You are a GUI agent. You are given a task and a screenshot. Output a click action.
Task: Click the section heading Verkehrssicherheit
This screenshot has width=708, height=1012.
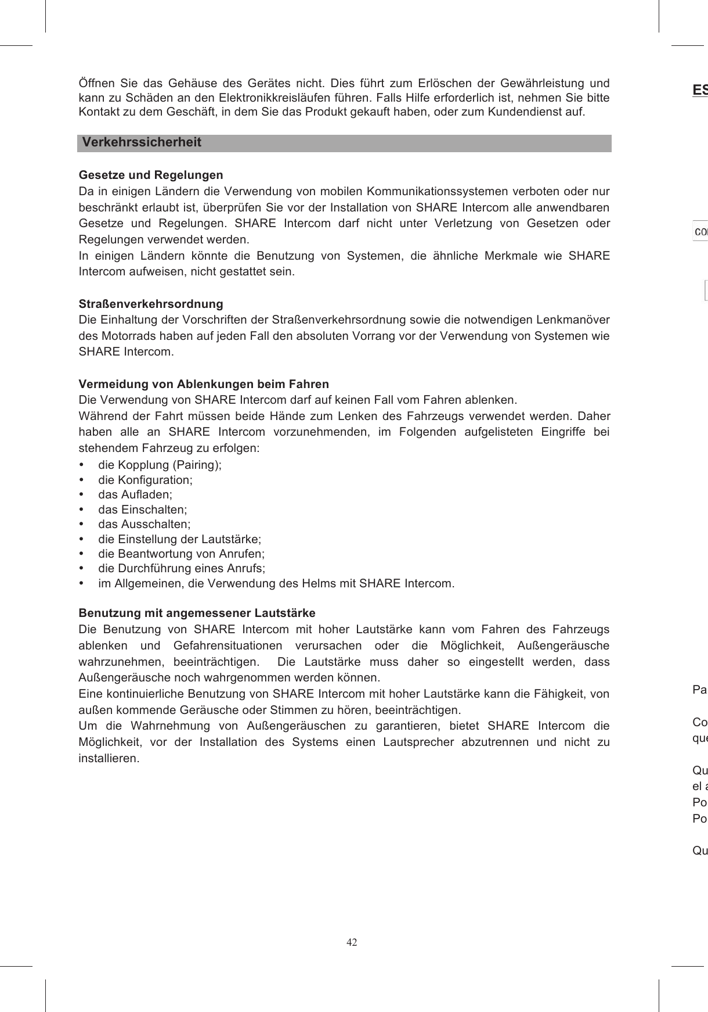click(x=142, y=143)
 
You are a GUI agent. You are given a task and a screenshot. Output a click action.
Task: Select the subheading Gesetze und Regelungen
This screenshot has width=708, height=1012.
click(x=151, y=175)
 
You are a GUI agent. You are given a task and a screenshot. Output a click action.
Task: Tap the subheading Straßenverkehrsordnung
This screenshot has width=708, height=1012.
click(x=151, y=304)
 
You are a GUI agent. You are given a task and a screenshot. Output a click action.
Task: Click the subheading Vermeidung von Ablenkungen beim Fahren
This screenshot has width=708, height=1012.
click(x=204, y=384)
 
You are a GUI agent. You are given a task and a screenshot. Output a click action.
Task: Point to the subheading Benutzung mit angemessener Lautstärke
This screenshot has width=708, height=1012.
click(x=197, y=613)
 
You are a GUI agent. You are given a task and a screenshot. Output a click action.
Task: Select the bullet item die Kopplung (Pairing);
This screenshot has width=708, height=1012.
click(x=160, y=465)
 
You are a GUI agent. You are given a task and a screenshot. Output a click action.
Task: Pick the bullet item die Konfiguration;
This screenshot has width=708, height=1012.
click(x=145, y=480)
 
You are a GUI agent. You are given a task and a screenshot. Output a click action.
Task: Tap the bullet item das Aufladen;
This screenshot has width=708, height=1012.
click(x=135, y=494)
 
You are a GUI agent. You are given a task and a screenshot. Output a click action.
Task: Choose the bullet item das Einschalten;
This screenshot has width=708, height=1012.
click(x=142, y=509)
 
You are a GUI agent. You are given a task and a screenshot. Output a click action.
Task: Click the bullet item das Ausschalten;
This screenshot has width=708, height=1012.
click(x=144, y=524)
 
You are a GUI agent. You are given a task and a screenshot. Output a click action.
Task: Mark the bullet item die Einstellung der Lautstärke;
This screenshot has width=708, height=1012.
click(x=179, y=539)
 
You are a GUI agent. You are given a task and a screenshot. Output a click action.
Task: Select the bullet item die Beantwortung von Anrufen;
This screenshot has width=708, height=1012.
click(x=181, y=554)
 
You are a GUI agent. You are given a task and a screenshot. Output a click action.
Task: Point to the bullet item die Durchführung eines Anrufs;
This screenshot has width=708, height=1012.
click(x=182, y=568)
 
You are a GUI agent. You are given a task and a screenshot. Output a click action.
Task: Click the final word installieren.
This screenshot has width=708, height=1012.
click(x=109, y=759)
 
